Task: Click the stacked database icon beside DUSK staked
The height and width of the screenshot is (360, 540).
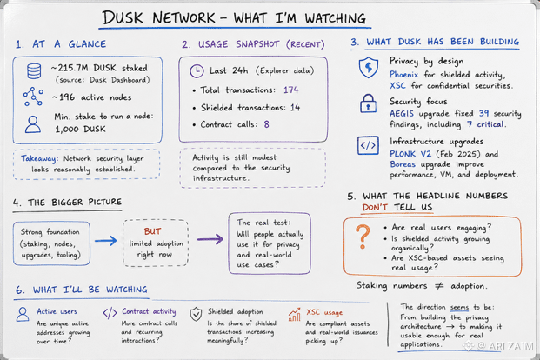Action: coord(34,71)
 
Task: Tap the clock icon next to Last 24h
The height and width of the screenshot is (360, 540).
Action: coord(197,70)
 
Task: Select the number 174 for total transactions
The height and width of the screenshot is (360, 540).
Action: coord(291,90)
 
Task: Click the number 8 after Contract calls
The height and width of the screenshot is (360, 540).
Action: coord(267,124)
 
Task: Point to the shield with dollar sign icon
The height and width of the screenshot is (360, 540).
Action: coord(369,67)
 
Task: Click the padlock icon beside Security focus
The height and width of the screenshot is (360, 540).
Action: coord(368,103)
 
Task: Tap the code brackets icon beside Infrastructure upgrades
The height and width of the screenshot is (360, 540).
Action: coord(368,145)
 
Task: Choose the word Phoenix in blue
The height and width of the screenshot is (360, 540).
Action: coord(403,75)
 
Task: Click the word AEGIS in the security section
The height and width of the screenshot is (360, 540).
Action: coord(402,114)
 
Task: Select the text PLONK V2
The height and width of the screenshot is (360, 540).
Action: coord(410,154)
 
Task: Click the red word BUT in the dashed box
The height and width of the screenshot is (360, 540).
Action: coord(152,231)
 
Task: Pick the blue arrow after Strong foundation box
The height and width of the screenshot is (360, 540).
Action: coord(106,241)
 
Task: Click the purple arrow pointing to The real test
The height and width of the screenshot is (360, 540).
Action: coord(210,239)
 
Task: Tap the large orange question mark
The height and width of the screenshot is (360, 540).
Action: coord(363,237)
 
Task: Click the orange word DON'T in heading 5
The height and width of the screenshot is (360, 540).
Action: coord(375,207)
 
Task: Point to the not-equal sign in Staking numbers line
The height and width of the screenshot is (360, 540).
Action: coord(439,285)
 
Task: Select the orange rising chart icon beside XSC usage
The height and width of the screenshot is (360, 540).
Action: coord(294,315)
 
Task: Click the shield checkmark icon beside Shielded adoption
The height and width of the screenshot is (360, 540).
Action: coord(196,314)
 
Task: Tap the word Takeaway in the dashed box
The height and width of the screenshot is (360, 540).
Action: coord(38,159)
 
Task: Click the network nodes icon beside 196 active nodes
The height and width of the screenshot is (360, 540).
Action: coord(33,97)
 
